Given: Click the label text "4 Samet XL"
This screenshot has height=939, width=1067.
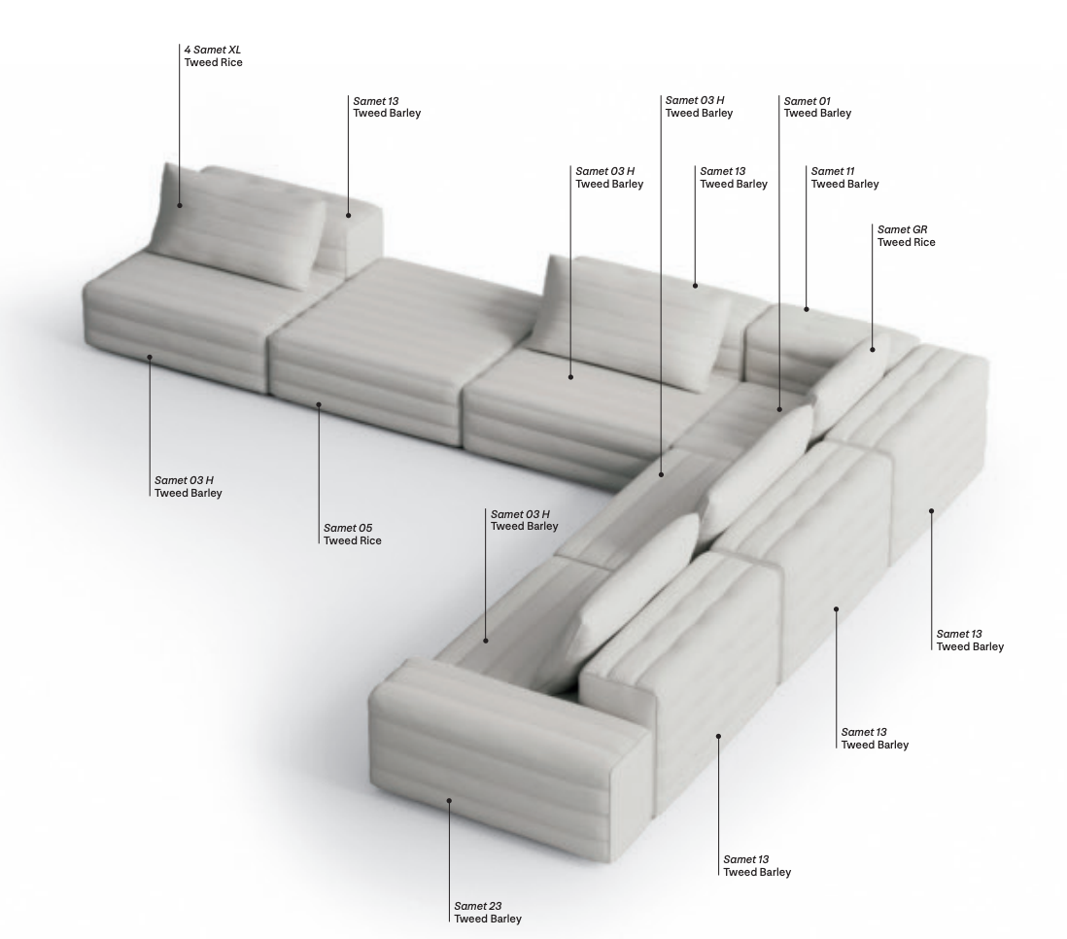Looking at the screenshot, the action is (x=212, y=50).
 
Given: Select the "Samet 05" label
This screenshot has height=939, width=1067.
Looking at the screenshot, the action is (x=348, y=528).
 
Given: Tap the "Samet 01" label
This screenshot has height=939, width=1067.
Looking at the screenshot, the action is (x=808, y=101).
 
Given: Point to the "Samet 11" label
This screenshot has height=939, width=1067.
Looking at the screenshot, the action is (x=832, y=171).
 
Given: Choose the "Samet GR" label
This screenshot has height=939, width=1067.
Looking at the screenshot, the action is (x=903, y=229).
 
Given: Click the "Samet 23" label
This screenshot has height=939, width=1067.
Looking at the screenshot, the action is (x=478, y=906).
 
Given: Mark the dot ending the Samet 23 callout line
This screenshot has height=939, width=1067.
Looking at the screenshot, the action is (x=449, y=800).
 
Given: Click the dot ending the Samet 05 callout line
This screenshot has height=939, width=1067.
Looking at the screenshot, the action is (x=319, y=404).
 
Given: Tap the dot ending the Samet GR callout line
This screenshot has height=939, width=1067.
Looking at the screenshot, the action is (x=873, y=349).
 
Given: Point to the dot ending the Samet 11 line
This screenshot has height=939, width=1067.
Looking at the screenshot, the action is (x=807, y=309).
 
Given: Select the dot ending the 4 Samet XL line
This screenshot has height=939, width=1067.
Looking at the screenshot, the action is (x=180, y=205).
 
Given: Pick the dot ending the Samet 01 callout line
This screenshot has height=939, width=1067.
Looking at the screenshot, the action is (x=779, y=409).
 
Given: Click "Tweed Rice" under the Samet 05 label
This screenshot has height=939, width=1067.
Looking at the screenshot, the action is (x=353, y=540).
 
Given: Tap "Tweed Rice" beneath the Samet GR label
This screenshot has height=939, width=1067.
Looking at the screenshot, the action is (x=907, y=242).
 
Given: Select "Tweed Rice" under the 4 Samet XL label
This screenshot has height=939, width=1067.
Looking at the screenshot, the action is (x=213, y=62).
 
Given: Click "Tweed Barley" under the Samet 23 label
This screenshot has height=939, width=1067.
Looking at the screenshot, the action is (x=488, y=919).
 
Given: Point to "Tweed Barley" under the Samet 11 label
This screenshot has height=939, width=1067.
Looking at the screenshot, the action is (x=845, y=184).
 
